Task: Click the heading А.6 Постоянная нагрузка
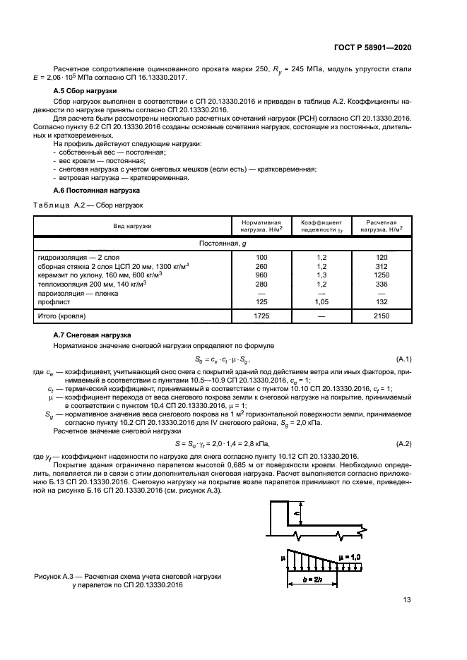pos(97,191)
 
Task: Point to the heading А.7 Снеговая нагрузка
pos(93,334)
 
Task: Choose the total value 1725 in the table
pos(262,317)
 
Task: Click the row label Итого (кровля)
pos(65,317)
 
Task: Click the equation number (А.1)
pos(404,359)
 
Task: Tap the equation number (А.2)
pos(404,443)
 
